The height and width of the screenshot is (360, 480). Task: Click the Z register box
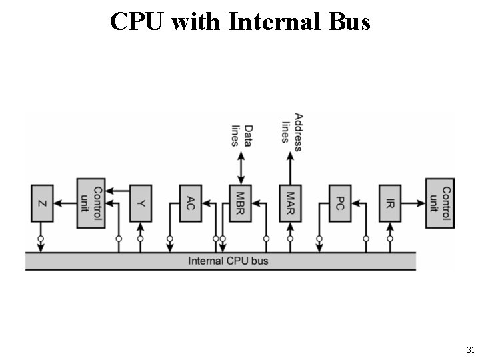tap(41, 203)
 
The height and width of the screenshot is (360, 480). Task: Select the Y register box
tap(140, 203)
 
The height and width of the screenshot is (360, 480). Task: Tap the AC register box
tap(191, 203)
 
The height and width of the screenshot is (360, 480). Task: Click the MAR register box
tap(290, 203)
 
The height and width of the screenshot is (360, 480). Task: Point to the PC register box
tap(340, 203)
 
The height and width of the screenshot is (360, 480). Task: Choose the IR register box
tap(390, 203)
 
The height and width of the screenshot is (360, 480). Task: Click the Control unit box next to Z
tap(91, 203)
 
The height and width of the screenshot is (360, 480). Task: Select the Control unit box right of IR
tap(439, 203)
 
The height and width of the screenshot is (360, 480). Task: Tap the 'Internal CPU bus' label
tap(228, 261)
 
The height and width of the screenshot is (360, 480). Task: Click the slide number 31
tap(471, 349)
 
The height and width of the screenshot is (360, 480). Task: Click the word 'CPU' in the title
tap(138, 21)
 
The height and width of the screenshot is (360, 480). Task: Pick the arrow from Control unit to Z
tap(65, 203)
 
